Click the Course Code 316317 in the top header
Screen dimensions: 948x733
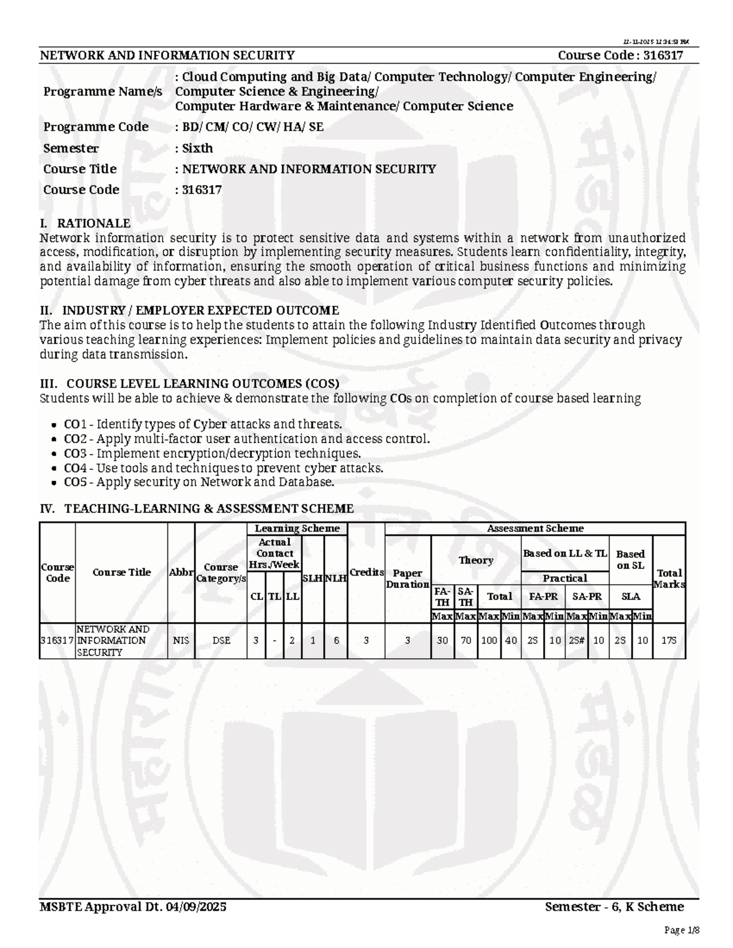pyautogui.click(x=620, y=56)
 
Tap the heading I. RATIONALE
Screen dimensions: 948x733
pyautogui.click(x=85, y=223)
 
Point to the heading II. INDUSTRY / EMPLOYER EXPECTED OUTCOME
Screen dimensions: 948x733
pyautogui.click(x=189, y=311)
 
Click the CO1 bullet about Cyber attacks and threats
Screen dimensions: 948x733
pyautogui.click(x=203, y=424)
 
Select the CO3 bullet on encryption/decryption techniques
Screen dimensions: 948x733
pyautogui.click(x=212, y=454)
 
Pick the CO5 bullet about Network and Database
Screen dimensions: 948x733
pyautogui.click(x=199, y=482)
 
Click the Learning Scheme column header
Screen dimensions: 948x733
pyautogui.click(x=297, y=529)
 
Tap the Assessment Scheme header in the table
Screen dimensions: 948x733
pyautogui.click(x=534, y=529)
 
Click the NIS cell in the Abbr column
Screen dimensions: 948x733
pyautogui.click(x=181, y=640)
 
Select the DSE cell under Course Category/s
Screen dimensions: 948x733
pyautogui.click(x=221, y=640)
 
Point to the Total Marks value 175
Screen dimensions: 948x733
pyautogui.click(x=669, y=640)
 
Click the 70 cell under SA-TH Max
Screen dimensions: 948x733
pyautogui.click(x=465, y=640)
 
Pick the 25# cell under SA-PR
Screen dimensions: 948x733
pyautogui.click(x=577, y=640)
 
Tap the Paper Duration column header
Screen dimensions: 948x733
pyautogui.click(x=407, y=579)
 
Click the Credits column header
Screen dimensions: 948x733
pyautogui.click(x=366, y=573)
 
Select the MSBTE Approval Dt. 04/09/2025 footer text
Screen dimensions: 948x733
pyautogui.click(x=133, y=907)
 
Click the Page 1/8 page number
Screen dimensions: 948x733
pyautogui.click(x=681, y=930)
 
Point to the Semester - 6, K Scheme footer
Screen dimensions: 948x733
pyautogui.click(x=614, y=907)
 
